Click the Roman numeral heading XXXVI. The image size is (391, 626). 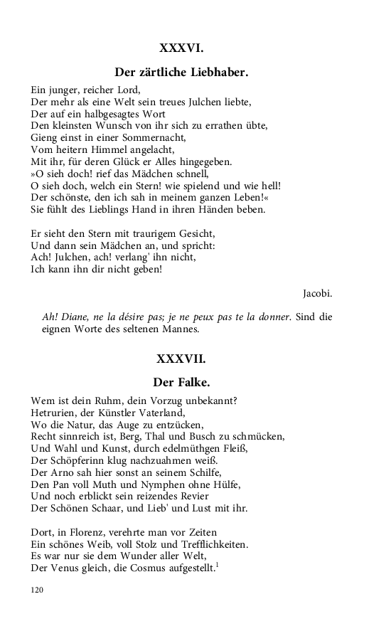[181, 48]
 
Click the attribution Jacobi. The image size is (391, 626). [317, 293]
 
